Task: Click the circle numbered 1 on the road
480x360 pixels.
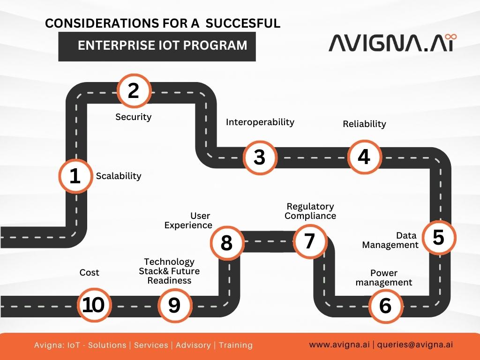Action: point(75,176)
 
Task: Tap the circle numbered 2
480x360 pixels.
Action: point(134,90)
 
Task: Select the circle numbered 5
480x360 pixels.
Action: point(438,237)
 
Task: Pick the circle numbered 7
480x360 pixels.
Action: point(309,241)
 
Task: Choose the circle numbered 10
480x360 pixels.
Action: point(93,305)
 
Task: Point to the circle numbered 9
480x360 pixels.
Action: point(174,305)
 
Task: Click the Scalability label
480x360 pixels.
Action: point(119,176)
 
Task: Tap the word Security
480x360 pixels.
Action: point(134,117)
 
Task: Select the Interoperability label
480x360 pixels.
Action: point(260,122)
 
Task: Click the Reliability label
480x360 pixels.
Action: point(364,124)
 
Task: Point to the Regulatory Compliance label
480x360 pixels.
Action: point(310,211)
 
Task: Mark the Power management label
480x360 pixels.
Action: point(384,277)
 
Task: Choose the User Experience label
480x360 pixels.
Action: point(188,220)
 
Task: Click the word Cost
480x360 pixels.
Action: point(89,272)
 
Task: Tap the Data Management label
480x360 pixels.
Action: point(390,240)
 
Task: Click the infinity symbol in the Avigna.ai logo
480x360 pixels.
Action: point(451,37)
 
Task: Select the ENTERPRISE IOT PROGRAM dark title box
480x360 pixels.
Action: point(157,45)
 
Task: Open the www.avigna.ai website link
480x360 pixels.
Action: point(339,345)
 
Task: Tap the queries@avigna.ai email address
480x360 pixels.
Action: point(415,345)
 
